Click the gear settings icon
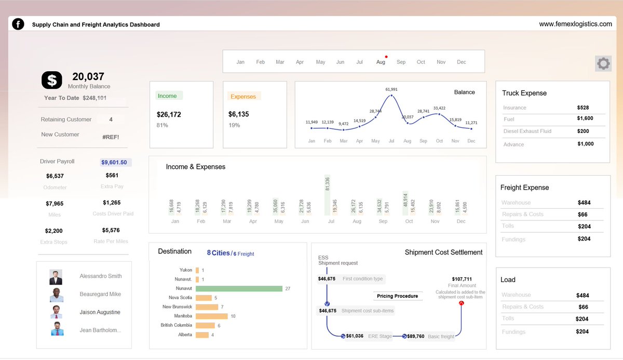pyautogui.click(x=603, y=64)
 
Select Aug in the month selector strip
pyautogui.click(x=381, y=62)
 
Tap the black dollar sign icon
pyautogui.click(x=51, y=79)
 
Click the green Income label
pyautogui.click(x=167, y=96)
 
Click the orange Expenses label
pyautogui.click(x=243, y=97)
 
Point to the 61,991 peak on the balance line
pyautogui.click(x=391, y=96)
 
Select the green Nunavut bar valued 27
pyautogui.click(x=239, y=288)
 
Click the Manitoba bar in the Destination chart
pyautogui.click(x=211, y=316)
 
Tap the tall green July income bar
pyautogui.click(x=327, y=195)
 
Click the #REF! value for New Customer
pyautogui.click(x=111, y=137)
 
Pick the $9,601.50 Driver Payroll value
pyautogui.click(x=114, y=163)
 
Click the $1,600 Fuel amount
pyautogui.click(x=585, y=118)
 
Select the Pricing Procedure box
pyautogui.click(x=397, y=296)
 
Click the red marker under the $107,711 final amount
pyautogui.click(x=461, y=303)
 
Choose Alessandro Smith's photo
pyautogui.click(x=56, y=277)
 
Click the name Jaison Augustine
pyautogui.click(x=100, y=312)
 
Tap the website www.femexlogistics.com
pyautogui.click(x=575, y=24)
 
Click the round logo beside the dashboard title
pyautogui.click(x=18, y=24)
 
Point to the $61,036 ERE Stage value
pyautogui.click(x=355, y=336)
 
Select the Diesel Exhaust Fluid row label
pyautogui.click(x=527, y=131)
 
